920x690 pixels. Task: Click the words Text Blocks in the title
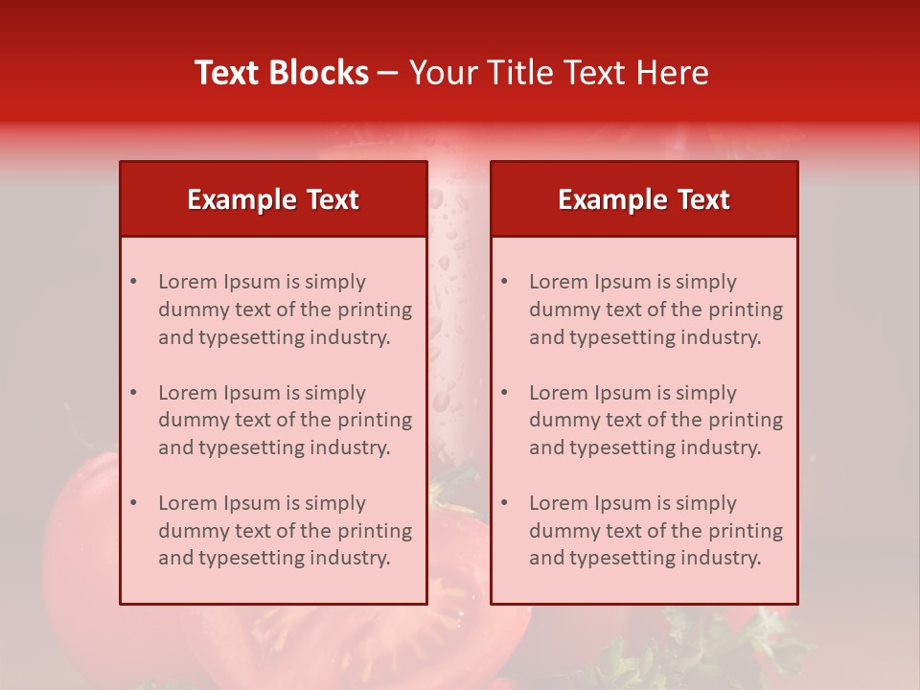pos(282,73)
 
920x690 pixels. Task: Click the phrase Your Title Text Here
pos(559,73)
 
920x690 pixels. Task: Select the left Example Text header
pos(273,199)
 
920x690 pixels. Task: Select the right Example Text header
pos(644,199)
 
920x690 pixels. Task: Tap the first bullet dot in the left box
pos(133,282)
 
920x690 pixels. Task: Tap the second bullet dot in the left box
pos(133,393)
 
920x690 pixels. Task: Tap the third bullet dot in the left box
pos(133,503)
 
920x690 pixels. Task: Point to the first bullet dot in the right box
pos(504,282)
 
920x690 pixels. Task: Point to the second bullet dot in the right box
pos(504,393)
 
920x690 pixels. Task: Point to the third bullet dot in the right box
pos(504,503)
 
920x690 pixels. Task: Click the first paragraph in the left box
pos(285,310)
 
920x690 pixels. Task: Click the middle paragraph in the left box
pos(285,420)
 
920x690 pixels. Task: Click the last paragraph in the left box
pos(285,531)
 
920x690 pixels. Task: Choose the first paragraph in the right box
pos(655,310)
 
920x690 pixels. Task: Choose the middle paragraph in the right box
pos(655,420)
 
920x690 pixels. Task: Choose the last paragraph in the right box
pos(655,531)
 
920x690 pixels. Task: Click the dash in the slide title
pos(388,74)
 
